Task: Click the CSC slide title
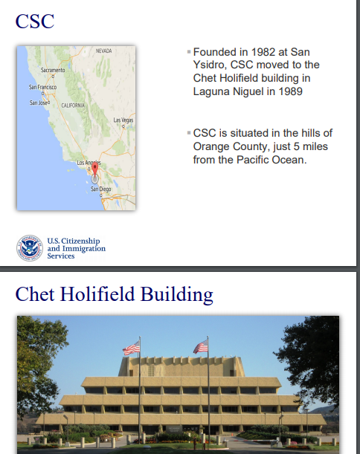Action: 35,21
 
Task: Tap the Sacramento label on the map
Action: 53,70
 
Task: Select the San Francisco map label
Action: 42,87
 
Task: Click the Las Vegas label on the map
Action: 123,120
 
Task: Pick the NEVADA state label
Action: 104,51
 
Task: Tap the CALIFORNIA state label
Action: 73,106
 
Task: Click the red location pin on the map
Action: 94,169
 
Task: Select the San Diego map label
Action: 101,189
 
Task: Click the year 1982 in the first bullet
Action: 263,52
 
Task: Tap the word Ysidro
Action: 210,65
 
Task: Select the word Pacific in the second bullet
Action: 252,160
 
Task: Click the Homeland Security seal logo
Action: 30,248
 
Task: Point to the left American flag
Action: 132,348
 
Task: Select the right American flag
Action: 201,346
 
